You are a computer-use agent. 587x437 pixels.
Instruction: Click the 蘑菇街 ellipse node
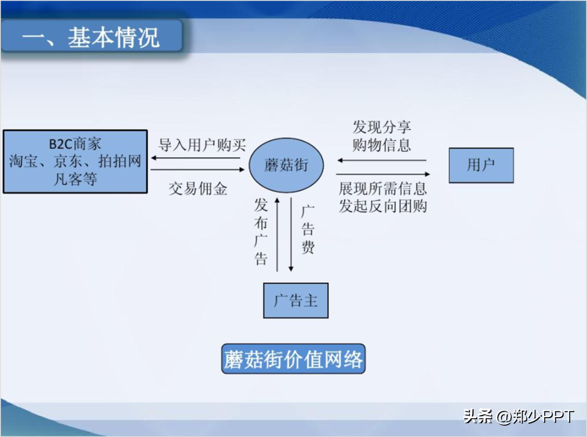pyautogui.click(x=286, y=165)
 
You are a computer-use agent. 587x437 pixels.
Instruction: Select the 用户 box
pyautogui.click(x=481, y=165)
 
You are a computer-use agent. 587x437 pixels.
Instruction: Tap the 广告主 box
pyautogui.click(x=295, y=301)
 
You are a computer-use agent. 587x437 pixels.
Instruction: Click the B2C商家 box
pyautogui.click(x=75, y=161)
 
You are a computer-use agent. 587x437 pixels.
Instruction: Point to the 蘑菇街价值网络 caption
pyautogui.click(x=293, y=359)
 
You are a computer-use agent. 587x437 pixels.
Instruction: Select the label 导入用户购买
pyautogui.click(x=202, y=145)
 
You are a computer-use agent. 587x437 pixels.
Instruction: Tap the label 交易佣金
pyautogui.click(x=198, y=189)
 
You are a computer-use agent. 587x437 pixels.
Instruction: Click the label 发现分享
pyautogui.click(x=382, y=127)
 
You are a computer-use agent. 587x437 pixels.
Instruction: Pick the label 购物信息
pyautogui.click(x=382, y=144)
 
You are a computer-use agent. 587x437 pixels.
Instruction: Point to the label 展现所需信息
pyautogui.click(x=382, y=188)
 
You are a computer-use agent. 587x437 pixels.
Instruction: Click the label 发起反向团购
pyautogui.click(x=382, y=206)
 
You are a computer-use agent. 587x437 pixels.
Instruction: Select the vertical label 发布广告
pyautogui.click(x=261, y=232)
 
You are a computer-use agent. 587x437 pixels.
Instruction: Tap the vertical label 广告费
pyautogui.click(x=308, y=230)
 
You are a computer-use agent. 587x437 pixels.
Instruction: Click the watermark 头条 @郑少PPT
pyautogui.click(x=518, y=416)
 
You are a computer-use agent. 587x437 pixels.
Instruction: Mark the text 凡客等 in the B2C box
pyautogui.click(x=75, y=179)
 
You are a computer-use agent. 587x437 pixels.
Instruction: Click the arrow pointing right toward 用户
pyautogui.click(x=383, y=174)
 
